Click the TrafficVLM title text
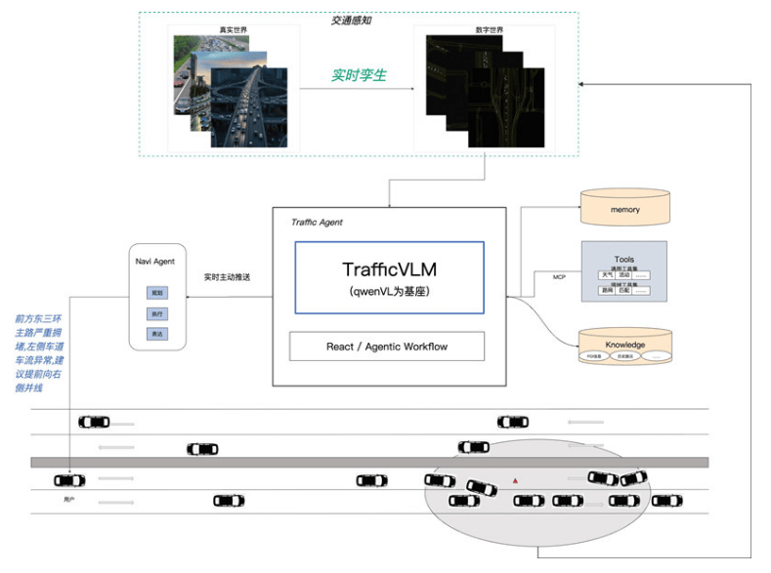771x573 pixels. point(389,268)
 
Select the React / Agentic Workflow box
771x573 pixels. point(388,347)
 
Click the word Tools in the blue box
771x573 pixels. point(624,259)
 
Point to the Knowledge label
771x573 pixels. point(625,344)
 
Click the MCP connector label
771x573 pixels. point(560,277)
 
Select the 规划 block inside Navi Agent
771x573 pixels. point(157,292)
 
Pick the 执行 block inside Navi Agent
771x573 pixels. point(157,313)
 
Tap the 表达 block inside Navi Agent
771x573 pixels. point(157,335)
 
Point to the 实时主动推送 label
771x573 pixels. point(228,277)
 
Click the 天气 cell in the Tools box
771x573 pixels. point(607,275)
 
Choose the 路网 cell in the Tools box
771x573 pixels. point(607,291)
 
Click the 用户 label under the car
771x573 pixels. point(68,499)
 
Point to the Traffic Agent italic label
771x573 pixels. point(317,223)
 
